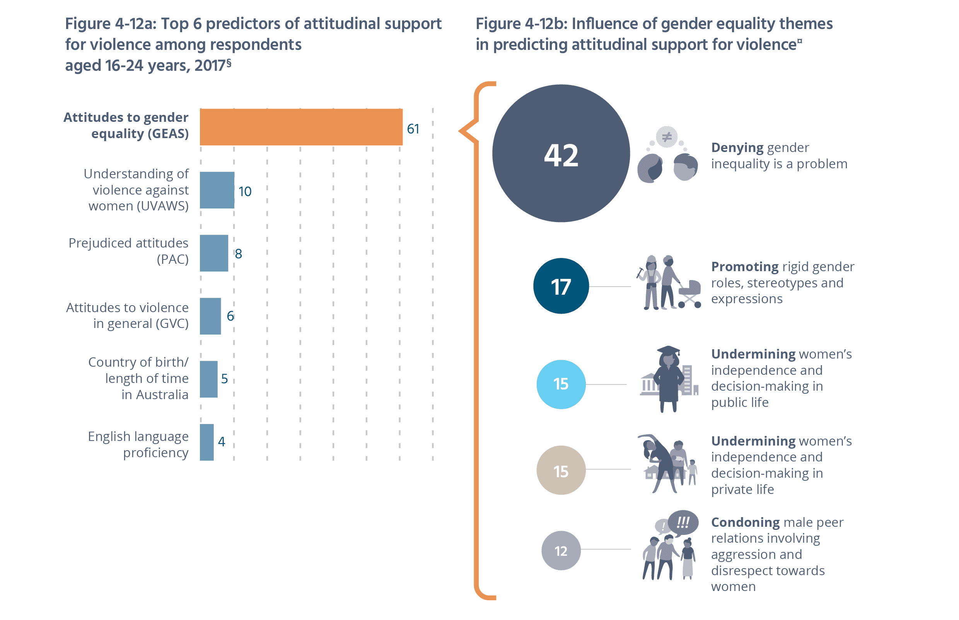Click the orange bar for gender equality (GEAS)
coord(301,127)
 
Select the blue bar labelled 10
coord(217,190)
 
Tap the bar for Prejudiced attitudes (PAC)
coord(214,253)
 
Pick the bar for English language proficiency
coord(207,442)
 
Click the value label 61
coord(413,129)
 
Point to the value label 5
coord(225,378)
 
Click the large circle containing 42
coord(561,154)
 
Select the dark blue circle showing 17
coord(561,286)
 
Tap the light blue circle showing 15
coord(561,384)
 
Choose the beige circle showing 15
coord(561,470)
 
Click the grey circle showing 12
coord(561,550)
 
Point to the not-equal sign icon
coord(667,137)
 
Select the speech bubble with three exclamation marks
coord(683,523)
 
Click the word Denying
coord(737,148)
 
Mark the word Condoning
coord(745,522)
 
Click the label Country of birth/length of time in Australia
coord(138,378)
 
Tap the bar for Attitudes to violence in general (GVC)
coord(210,316)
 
